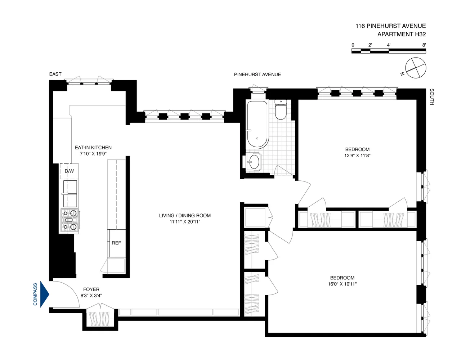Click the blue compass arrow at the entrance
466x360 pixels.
point(44,294)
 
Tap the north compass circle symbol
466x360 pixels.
point(416,67)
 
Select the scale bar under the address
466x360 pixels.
point(389,51)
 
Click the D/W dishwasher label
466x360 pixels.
point(69,171)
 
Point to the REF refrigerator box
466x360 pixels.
point(116,243)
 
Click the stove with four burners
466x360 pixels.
point(70,220)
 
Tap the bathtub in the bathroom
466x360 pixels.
point(257,124)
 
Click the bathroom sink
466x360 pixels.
point(255,161)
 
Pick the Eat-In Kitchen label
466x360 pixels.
point(93,148)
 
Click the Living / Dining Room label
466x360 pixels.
point(185,216)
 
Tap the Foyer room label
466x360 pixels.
point(91,289)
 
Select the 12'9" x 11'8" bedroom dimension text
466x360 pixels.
point(357,156)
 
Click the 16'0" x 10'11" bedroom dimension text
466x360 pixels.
point(342,284)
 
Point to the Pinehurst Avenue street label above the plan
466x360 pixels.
point(257,75)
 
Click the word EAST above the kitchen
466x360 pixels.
point(55,74)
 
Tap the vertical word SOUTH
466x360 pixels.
point(431,97)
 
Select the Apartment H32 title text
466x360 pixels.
point(401,34)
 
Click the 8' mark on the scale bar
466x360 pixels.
point(424,45)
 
